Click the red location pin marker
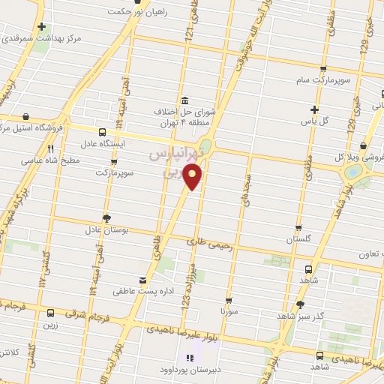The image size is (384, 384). click(193, 177)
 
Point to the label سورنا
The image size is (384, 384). click(229, 310)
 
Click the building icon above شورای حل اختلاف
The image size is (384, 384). click(184, 100)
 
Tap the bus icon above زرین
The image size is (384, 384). click(50, 313)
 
